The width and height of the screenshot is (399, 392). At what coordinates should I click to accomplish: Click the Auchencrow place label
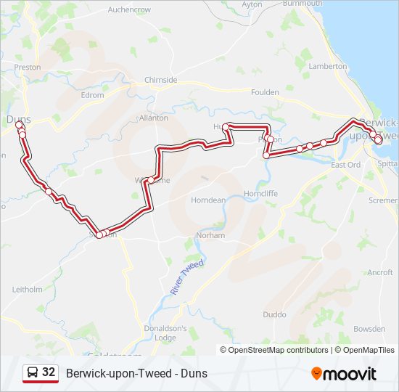pos(129,9)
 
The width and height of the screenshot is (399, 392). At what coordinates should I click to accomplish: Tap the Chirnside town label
pos(160,80)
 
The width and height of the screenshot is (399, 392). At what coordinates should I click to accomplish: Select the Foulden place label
pos(264,92)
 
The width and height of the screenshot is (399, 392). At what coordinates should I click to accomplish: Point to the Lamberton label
pos(327,65)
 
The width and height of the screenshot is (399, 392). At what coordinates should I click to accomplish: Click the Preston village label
pos(27,67)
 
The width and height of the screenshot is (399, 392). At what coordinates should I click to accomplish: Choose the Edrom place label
pos(93,95)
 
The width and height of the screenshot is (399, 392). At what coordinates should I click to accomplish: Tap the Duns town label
pos(18,117)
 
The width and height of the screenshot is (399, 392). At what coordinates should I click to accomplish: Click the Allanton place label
pos(153,117)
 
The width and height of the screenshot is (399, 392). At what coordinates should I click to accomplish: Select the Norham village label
pos(210,235)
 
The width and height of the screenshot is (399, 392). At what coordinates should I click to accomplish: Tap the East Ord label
pos(345,165)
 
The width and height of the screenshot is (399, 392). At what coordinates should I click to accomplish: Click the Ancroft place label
pos(379,272)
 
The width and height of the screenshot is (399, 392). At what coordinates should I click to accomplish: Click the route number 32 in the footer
pos(49,372)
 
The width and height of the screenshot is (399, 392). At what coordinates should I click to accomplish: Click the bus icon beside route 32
pos(33,372)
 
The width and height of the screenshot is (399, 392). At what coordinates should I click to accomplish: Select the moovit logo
pos(343,373)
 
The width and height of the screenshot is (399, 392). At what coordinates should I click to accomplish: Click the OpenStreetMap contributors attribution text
pos(278,350)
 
